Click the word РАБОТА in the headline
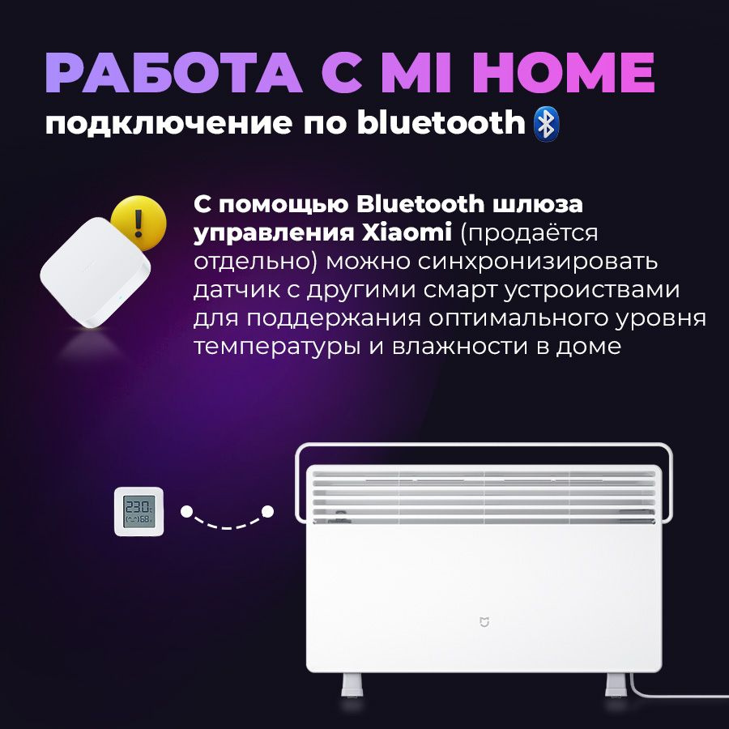click(x=174, y=73)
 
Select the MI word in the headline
click(x=416, y=73)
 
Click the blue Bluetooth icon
click(x=547, y=124)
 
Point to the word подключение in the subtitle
click(x=169, y=124)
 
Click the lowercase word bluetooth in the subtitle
click(x=441, y=122)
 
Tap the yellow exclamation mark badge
click(x=139, y=223)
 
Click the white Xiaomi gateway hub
click(x=95, y=274)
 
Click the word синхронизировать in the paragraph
click(x=538, y=263)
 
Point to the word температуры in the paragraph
click(x=277, y=347)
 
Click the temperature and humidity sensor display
click(x=139, y=511)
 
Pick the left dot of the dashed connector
click(x=187, y=512)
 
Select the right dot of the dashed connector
click(x=268, y=512)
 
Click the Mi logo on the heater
click(x=484, y=622)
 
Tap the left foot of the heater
click(x=352, y=684)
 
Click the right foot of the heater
click(x=616, y=684)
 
